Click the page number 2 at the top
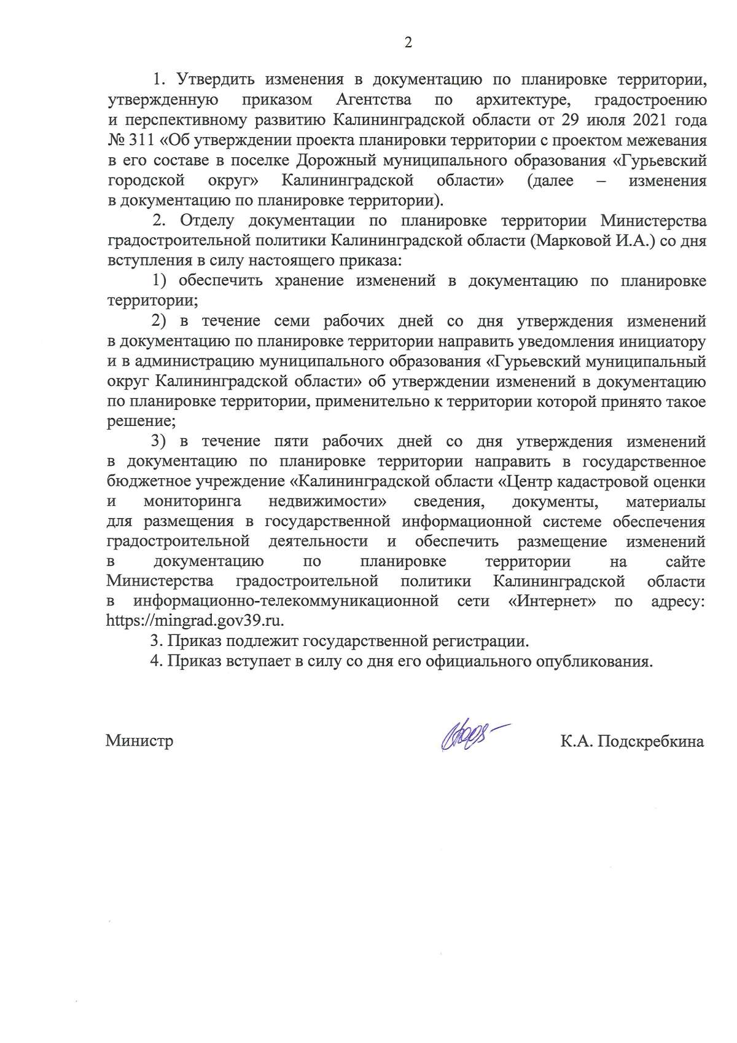[408, 42]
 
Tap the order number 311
[141, 140]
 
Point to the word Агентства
[373, 100]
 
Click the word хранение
[309, 281]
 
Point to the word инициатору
[653, 341]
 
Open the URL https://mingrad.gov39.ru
[195, 620]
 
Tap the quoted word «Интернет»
[552, 600]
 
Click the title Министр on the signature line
[139, 741]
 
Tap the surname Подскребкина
[650, 741]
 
